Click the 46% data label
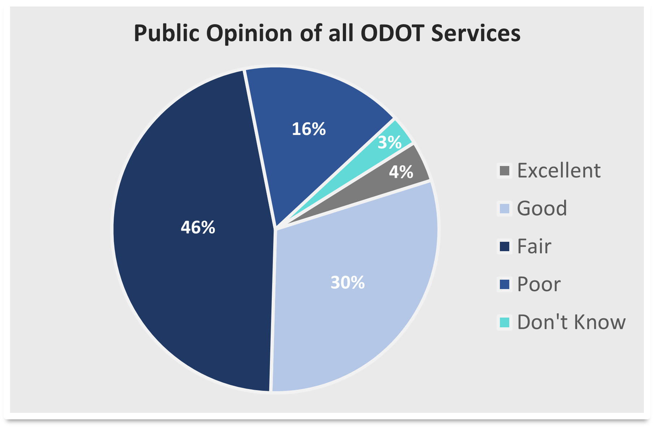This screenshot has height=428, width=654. pyautogui.click(x=198, y=228)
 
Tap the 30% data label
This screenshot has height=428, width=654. pyautogui.click(x=347, y=283)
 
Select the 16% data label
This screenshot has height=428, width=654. pyautogui.click(x=309, y=129)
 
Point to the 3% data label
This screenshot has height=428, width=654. pyautogui.click(x=389, y=143)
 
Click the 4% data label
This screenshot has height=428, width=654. pyautogui.click(x=401, y=172)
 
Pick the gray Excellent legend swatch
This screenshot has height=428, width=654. pyautogui.click(x=504, y=171)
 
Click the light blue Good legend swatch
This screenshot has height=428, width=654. pyautogui.click(x=504, y=209)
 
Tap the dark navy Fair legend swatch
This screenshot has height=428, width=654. pyautogui.click(x=504, y=246)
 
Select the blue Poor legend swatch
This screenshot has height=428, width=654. pyautogui.click(x=504, y=284)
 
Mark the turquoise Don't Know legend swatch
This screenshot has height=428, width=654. pyautogui.click(x=504, y=322)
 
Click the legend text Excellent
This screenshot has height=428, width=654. pyautogui.click(x=558, y=171)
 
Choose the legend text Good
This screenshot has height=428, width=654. pyautogui.click(x=542, y=209)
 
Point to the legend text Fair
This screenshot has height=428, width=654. pyautogui.click(x=534, y=246)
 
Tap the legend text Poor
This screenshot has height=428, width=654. pyautogui.click(x=539, y=284)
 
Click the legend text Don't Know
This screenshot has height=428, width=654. pyautogui.click(x=571, y=322)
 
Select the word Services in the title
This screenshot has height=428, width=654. pyautogui.click(x=476, y=33)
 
